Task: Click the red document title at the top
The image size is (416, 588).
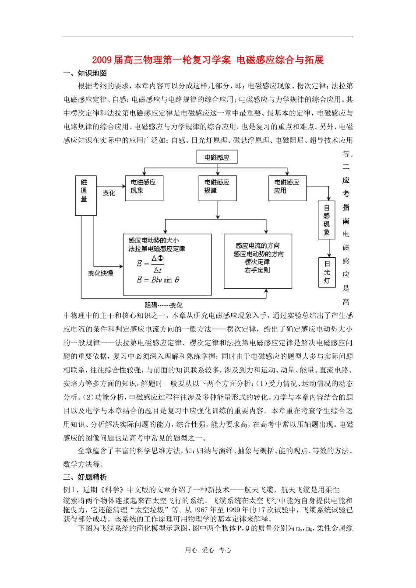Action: pos(208,60)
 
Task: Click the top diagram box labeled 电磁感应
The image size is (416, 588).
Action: pos(217,157)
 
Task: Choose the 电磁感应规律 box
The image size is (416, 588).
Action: pos(217,188)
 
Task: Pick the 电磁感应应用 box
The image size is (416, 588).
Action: pos(287,188)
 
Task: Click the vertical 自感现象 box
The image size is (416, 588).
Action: pos(327,220)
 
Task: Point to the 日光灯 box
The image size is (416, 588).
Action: pos(327,272)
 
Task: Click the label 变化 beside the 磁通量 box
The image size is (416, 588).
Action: pos(109,193)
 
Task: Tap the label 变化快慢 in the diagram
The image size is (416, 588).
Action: pos(100,273)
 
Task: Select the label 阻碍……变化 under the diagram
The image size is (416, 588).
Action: pos(164,305)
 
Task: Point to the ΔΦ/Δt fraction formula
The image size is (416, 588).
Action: pos(158,264)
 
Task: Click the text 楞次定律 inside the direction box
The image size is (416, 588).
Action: pos(257,262)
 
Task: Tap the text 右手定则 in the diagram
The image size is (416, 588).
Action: pos(257,270)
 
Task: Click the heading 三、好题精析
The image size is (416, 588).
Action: pos(85,477)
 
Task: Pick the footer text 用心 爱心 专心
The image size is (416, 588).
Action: pos(208,550)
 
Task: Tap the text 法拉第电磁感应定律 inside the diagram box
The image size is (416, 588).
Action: pos(157,248)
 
